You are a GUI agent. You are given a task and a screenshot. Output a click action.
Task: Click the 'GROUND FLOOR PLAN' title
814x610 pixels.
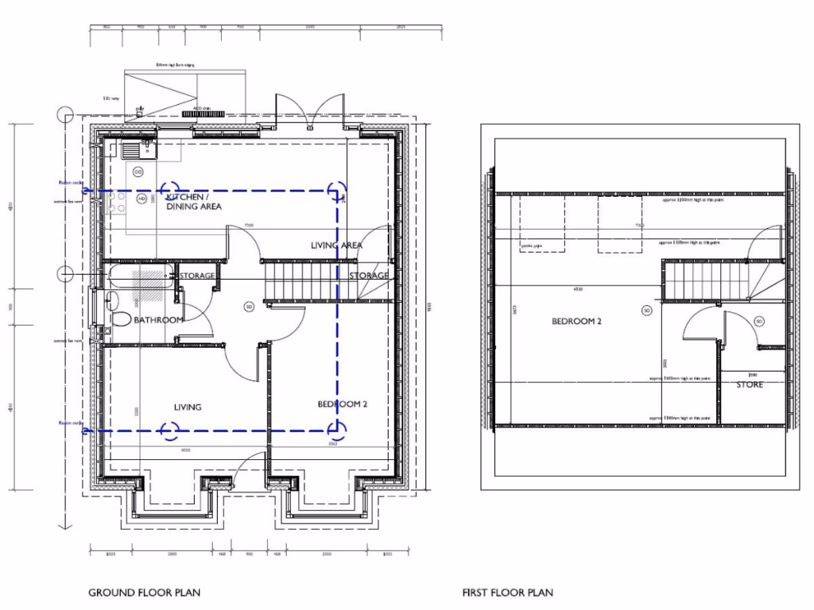pos(144,593)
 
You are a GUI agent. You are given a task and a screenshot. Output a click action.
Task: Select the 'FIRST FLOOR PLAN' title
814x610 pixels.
pos(507,593)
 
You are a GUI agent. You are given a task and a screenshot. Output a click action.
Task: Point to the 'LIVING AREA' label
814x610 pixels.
pos(336,245)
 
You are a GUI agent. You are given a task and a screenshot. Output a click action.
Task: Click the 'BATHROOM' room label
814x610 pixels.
pos(159,320)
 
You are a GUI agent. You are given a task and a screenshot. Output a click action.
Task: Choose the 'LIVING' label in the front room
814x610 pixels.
pos(188,407)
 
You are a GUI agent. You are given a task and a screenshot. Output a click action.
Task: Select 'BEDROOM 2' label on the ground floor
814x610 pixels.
pos(343,404)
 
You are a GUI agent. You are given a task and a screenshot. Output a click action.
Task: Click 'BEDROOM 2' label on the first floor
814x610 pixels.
pos(576,322)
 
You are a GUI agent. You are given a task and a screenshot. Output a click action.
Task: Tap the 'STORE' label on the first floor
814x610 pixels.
pos(749,385)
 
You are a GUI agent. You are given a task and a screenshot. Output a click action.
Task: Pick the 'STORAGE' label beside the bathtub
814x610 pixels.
pos(197,276)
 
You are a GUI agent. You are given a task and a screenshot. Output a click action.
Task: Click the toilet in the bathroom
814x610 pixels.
pos(119,319)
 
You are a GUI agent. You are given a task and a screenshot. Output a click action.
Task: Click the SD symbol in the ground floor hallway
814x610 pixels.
pos(248,307)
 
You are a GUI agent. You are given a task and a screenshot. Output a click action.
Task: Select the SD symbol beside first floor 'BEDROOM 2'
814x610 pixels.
pos(646,310)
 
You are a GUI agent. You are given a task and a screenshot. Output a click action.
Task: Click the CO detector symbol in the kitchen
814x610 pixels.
pos(138,172)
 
